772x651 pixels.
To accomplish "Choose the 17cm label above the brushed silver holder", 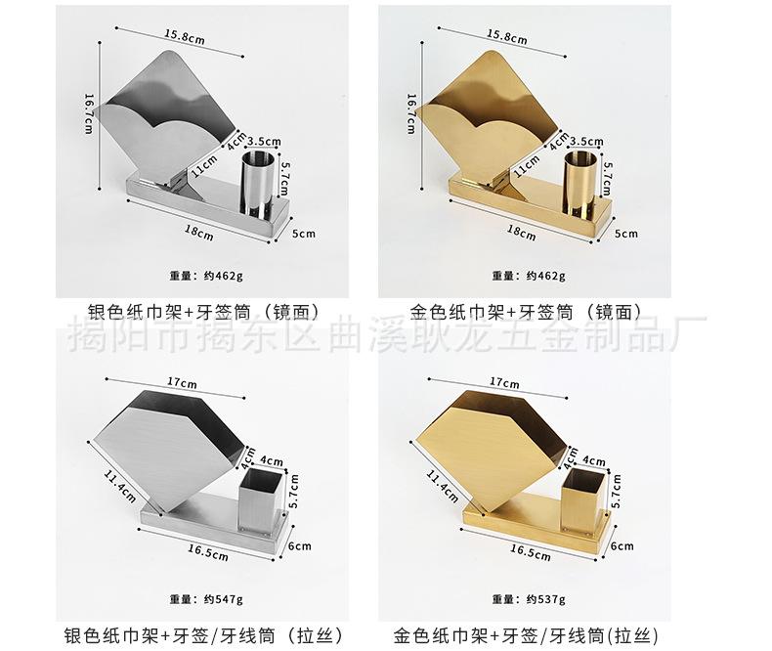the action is tap(180, 382).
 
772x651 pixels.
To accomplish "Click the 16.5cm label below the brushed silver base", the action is tap(208, 552).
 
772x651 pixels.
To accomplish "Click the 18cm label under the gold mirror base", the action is tap(521, 233).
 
